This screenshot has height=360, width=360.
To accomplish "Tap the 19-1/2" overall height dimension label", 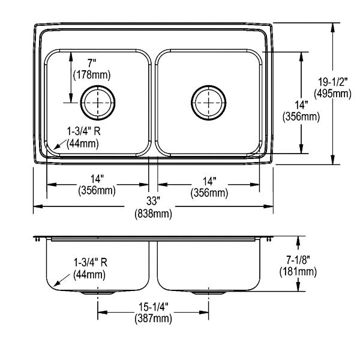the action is click(x=332, y=82).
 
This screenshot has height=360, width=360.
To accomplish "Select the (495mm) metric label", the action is click(x=332, y=94).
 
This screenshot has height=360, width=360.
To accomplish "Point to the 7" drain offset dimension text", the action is click(x=92, y=63).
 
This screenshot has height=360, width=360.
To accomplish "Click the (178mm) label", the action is click(x=92, y=75).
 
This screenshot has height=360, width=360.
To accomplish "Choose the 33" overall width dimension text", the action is click(x=153, y=201).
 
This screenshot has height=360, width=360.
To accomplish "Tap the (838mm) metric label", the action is click(x=153, y=214).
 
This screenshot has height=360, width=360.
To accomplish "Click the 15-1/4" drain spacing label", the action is click(x=154, y=307).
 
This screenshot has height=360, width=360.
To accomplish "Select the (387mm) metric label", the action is click(x=154, y=319).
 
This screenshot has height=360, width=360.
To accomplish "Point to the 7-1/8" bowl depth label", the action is click(x=298, y=260).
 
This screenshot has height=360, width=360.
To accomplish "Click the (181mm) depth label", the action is click(x=298, y=272).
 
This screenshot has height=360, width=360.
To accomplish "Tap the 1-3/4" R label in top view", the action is click(x=83, y=131).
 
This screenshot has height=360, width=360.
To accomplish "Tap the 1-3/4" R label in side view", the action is click(x=91, y=262).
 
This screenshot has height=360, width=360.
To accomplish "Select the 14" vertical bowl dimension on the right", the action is click(x=301, y=105).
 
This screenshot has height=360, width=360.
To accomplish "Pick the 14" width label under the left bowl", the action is click(x=97, y=179).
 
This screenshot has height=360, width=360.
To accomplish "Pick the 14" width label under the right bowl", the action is click(x=209, y=181).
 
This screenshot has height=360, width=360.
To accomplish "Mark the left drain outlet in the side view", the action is click(x=98, y=293).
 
